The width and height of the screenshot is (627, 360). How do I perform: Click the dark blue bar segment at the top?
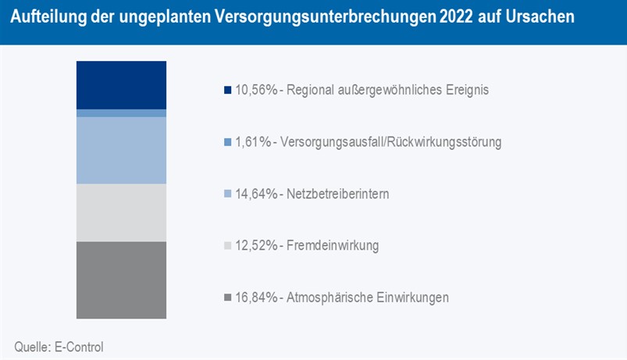coord(121,84)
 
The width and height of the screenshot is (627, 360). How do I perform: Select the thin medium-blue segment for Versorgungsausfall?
coord(121,113)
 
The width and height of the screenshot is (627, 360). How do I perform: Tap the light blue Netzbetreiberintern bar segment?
coord(121,150)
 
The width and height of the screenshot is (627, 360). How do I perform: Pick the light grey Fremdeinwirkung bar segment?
coord(121,212)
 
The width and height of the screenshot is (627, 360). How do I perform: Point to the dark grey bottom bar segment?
coord(121,280)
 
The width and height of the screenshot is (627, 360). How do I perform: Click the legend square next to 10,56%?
coord(227,91)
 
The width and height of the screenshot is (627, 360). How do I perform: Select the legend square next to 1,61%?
coord(227,142)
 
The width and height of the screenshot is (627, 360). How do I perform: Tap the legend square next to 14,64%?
coord(227,194)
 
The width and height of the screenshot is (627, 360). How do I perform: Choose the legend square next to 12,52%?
coord(227,246)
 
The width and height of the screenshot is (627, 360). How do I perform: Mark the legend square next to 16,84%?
coord(227,298)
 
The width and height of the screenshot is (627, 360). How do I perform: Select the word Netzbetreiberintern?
coord(339,194)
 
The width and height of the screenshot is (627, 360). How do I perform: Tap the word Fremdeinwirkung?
coord(333,246)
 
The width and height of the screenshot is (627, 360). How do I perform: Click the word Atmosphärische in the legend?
coord(327,298)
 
